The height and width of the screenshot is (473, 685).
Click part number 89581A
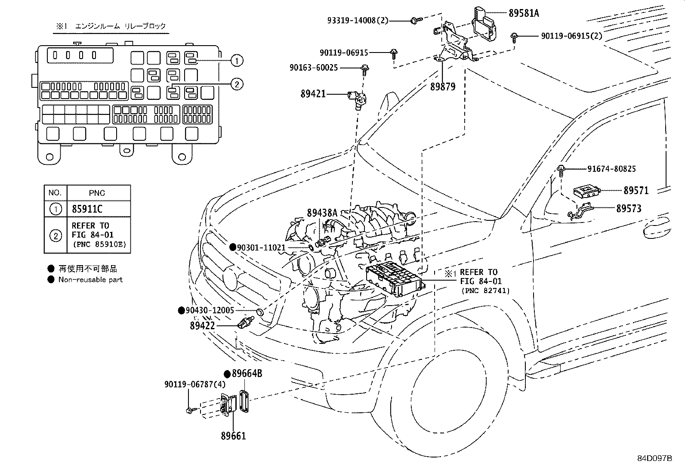[x=523, y=13]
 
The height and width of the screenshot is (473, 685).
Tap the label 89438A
[x=322, y=212]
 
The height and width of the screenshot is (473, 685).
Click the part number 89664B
[x=247, y=374]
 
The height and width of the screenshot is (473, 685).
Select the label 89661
[x=234, y=436]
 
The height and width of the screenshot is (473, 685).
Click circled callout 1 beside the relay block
[x=236, y=61]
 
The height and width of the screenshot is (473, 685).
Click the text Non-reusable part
[x=90, y=280]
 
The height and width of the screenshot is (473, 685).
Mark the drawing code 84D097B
[x=654, y=458]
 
